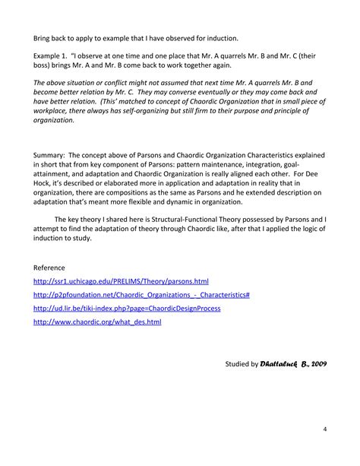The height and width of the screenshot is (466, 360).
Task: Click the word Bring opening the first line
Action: point(44,37)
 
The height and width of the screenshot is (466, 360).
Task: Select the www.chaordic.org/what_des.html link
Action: point(97,323)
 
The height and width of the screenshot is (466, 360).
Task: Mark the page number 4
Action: point(324,430)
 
